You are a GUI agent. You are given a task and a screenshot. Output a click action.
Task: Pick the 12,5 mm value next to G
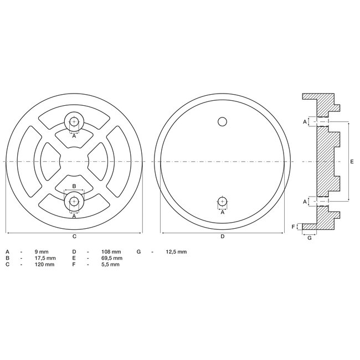(x=176, y=251)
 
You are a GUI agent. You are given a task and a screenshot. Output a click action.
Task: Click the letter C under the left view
(x=74, y=236)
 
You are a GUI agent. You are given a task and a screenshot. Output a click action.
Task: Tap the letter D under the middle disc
(x=222, y=236)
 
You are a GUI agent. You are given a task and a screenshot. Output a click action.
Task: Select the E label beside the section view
(x=353, y=161)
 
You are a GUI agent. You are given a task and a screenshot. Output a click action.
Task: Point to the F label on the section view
(x=294, y=227)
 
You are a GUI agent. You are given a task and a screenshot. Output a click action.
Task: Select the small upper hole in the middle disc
(x=222, y=121)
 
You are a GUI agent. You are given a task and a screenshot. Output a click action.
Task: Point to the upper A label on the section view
(x=304, y=121)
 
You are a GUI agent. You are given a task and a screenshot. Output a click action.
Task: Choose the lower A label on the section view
(x=304, y=202)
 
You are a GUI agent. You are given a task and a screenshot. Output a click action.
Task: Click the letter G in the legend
(x=138, y=251)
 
